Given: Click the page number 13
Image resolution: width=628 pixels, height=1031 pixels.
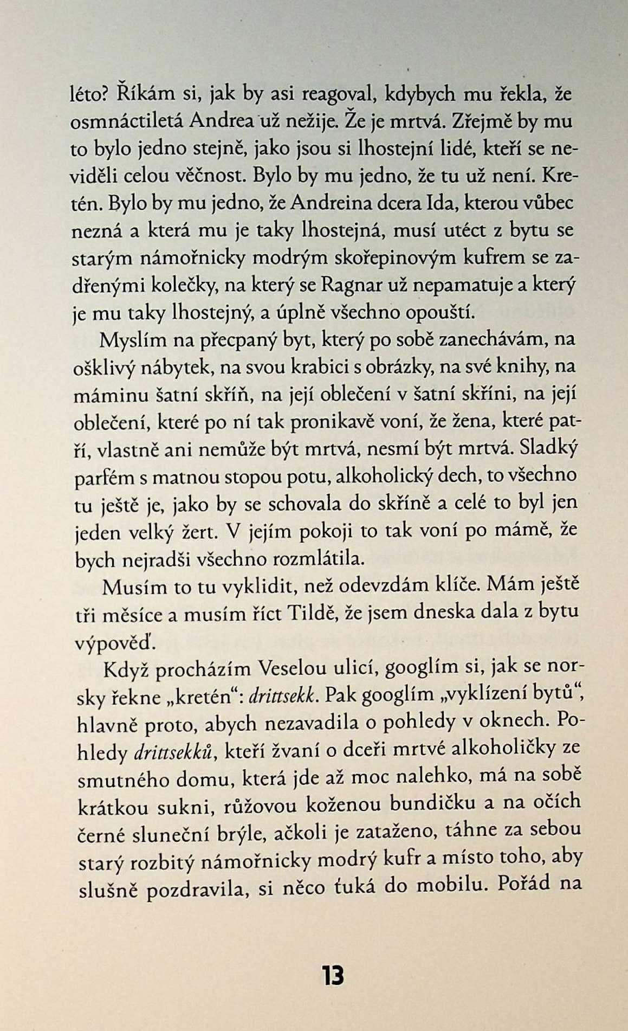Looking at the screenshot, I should [x=333, y=976].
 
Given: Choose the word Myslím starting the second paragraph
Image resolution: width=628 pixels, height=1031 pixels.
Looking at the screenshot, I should [x=128, y=341].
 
